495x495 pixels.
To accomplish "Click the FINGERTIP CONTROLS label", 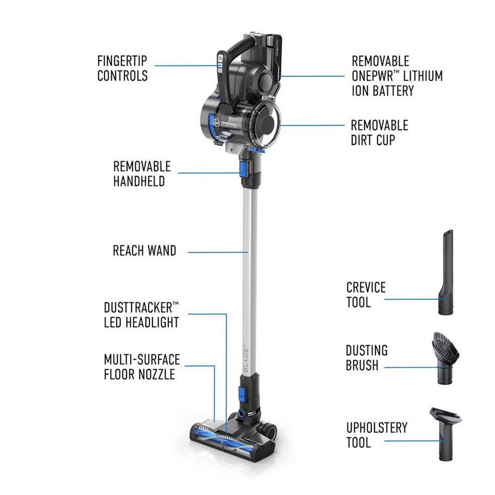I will [x=122, y=68].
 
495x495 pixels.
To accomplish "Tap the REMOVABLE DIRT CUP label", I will [x=379, y=133].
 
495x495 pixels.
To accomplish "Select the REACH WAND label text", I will [x=144, y=251].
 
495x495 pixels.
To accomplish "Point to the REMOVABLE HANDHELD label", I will [x=142, y=173].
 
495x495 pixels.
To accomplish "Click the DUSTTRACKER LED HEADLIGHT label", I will [x=141, y=315].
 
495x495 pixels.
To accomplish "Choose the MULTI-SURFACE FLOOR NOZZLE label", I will [x=142, y=367].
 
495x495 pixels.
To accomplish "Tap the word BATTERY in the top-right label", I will [x=383, y=91].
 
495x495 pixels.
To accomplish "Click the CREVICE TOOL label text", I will [x=366, y=294].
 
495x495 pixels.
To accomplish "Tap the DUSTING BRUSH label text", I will [x=366, y=358].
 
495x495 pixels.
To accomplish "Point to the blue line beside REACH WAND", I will [x=217, y=252].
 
